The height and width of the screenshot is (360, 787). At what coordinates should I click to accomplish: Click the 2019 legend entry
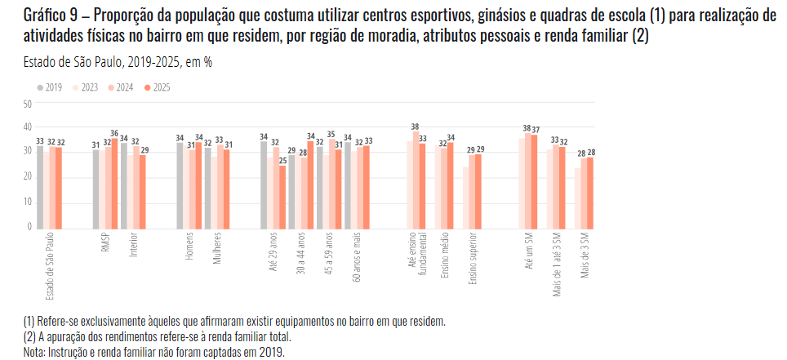(50, 87)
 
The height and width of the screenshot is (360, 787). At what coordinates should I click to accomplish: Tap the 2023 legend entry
(86, 87)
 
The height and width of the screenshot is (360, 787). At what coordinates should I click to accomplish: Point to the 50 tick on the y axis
(28, 104)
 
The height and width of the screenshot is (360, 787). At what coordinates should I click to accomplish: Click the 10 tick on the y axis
(28, 202)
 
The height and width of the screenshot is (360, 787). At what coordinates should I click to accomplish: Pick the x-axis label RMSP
(105, 245)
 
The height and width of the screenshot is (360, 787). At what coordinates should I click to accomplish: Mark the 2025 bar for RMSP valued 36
(115, 183)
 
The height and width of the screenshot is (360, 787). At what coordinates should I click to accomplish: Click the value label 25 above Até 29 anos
(282, 160)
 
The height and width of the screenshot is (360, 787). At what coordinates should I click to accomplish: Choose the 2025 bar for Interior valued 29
(143, 191)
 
